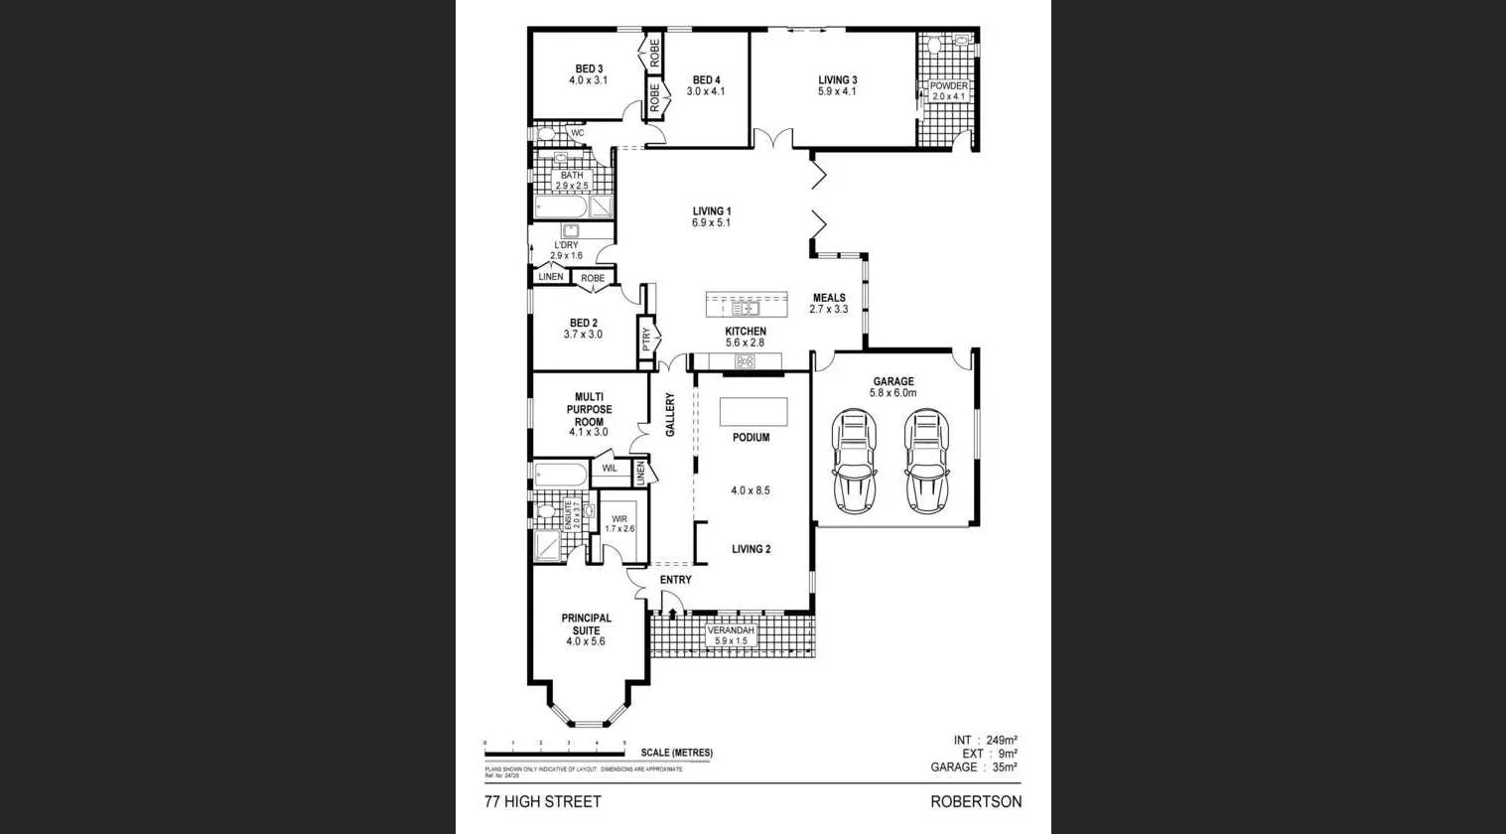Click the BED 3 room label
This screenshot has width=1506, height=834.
(x=589, y=69)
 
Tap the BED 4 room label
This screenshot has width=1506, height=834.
(x=706, y=80)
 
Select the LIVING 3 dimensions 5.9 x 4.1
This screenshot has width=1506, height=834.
(x=837, y=92)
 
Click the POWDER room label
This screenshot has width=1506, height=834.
(x=948, y=86)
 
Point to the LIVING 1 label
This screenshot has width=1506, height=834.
(x=712, y=211)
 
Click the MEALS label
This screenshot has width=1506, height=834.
(x=829, y=298)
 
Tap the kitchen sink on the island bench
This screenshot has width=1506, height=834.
(x=746, y=309)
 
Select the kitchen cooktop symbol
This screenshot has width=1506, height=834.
(x=745, y=361)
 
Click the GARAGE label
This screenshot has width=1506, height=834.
(x=893, y=381)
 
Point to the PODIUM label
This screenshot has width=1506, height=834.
(x=751, y=438)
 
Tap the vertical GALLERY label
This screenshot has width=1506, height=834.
(x=670, y=415)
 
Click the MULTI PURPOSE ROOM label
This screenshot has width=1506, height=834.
(x=589, y=409)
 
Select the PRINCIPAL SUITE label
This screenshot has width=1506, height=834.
(x=586, y=624)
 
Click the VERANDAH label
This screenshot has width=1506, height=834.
(x=731, y=630)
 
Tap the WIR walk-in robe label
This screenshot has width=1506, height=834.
(x=619, y=519)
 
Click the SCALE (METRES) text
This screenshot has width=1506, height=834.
(x=676, y=753)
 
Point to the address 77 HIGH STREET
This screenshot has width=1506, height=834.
(x=542, y=802)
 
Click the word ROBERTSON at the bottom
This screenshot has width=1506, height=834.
(x=975, y=802)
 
